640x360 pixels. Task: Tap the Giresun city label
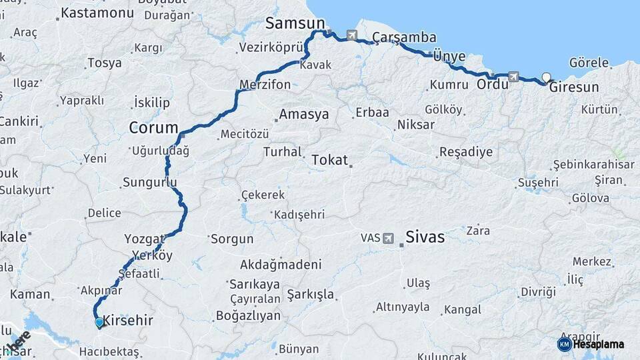pyautogui.click(x=574, y=87)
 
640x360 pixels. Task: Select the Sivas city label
pyautogui.click(x=425, y=237)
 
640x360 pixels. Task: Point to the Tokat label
pyautogui.click(x=329, y=159)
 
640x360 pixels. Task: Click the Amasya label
pyautogui.click(x=304, y=115)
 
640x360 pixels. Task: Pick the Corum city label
pyautogui.click(x=153, y=127)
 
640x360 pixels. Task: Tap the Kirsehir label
pyautogui.click(x=128, y=321)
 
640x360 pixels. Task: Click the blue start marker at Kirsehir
pyautogui.click(x=99, y=323)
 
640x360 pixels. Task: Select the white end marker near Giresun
pyautogui.click(x=547, y=77)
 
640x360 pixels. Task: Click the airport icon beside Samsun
pyautogui.click(x=352, y=35)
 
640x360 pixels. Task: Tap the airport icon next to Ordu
pyautogui.click(x=513, y=77)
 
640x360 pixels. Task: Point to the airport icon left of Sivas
pyautogui.click(x=389, y=238)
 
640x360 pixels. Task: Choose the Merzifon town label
pyautogui.click(x=265, y=85)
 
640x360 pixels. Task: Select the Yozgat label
pyautogui.click(x=144, y=239)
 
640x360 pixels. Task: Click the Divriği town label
pyautogui.click(x=538, y=292)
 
